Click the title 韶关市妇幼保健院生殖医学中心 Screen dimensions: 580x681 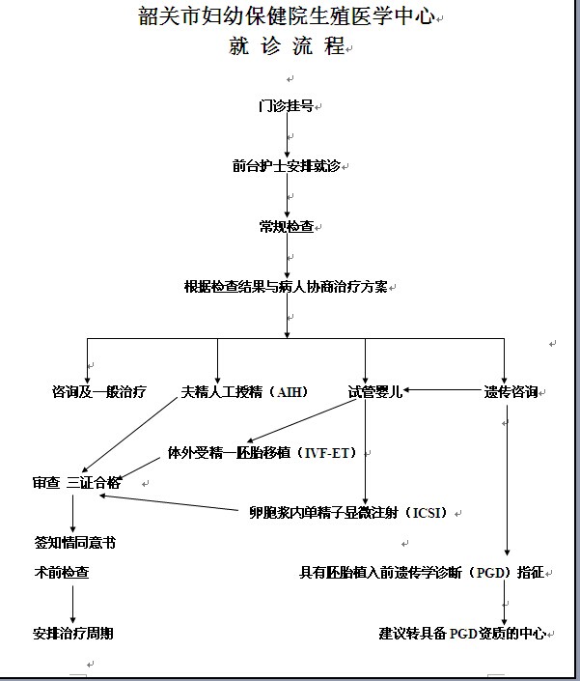287,16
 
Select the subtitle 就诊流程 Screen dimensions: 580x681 287,45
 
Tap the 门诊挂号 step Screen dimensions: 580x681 286,105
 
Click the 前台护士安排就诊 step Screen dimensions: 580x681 287,166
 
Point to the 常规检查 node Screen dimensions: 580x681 287,226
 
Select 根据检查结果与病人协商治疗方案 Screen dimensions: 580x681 286,287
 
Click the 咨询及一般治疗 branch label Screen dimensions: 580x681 99,392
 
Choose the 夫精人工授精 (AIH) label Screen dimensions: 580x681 245,392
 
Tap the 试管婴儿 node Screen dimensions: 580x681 375,392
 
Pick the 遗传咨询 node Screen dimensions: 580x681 511,392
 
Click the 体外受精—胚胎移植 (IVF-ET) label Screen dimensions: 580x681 262,453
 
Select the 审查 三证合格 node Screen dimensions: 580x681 77,483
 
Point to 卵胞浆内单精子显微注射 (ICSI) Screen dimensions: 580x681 348,513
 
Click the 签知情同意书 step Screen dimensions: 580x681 75,543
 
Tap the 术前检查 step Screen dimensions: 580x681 62,573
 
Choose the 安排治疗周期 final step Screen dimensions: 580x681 73,634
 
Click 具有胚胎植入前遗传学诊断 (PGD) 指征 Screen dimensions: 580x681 422,573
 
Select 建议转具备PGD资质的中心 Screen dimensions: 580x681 462,634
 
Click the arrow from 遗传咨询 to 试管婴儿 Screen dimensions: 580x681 443,390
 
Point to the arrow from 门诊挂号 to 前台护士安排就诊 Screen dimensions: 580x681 287,135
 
